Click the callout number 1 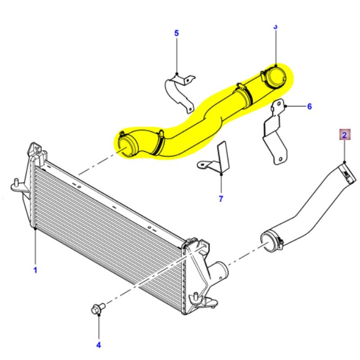pyautogui.click(x=35, y=270)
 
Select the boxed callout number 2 pyautogui.click(x=344, y=135)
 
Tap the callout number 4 pyautogui.click(x=99, y=345)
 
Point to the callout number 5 pyautogui.click(x=176, y=33)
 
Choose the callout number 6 pyautogui.click(x=309, y=107)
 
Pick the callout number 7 pyautogui.click(x=221, y=199)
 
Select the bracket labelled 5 pyautogui.click(x=178, y=93)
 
